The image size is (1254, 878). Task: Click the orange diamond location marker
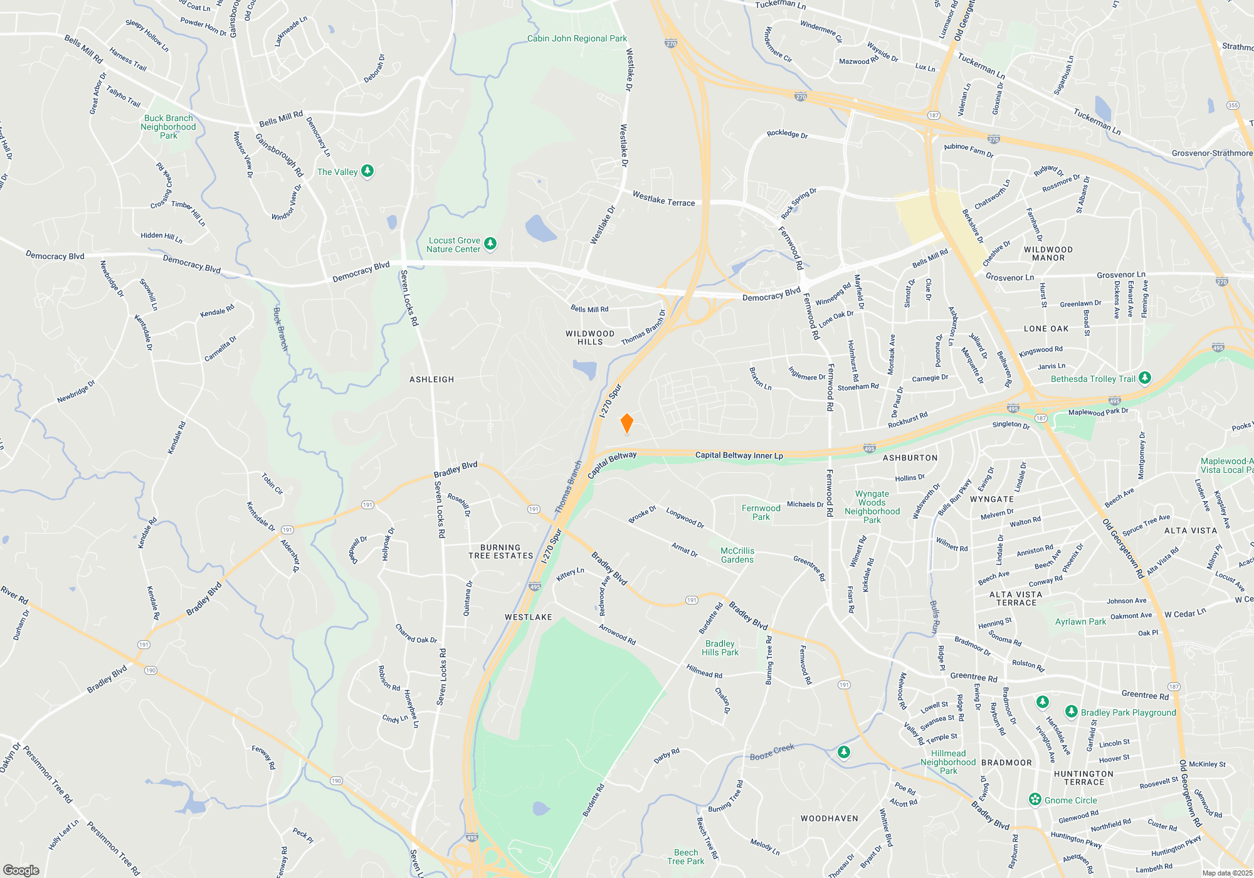pos(626,423)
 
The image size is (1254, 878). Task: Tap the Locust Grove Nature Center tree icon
pos(490,244)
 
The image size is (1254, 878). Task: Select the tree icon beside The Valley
pos(367,171)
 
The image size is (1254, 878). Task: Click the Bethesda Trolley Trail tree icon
pos(1145,378)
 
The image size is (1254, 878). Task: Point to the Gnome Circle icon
pos(1035,800)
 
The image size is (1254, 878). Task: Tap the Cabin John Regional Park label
pos(577,38)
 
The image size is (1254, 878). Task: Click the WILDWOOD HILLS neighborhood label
pos(590,337)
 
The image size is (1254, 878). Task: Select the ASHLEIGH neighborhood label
pos(431,379)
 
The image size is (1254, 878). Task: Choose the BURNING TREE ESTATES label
pos(500,551)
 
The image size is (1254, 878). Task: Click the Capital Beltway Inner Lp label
pos(739,455)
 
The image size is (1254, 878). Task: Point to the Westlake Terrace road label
pos(663,199)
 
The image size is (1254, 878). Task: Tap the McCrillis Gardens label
pos(737,555)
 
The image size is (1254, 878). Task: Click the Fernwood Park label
pos(761,512)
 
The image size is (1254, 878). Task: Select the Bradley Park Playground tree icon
pos(1072,712)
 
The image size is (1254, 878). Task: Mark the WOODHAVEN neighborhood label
pos(829,818)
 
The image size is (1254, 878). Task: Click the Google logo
pos(21,870)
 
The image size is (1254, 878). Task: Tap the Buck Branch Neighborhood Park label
pos(168,126)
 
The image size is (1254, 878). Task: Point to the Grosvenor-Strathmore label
pos(1211,153)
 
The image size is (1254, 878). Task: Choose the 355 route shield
pos(1233,105)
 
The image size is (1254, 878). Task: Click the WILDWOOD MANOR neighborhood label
pos(1048,253)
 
